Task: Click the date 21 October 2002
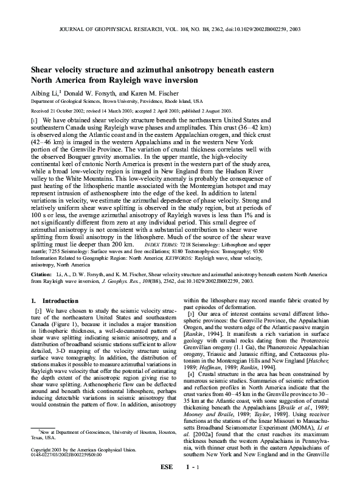[72, 111]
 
